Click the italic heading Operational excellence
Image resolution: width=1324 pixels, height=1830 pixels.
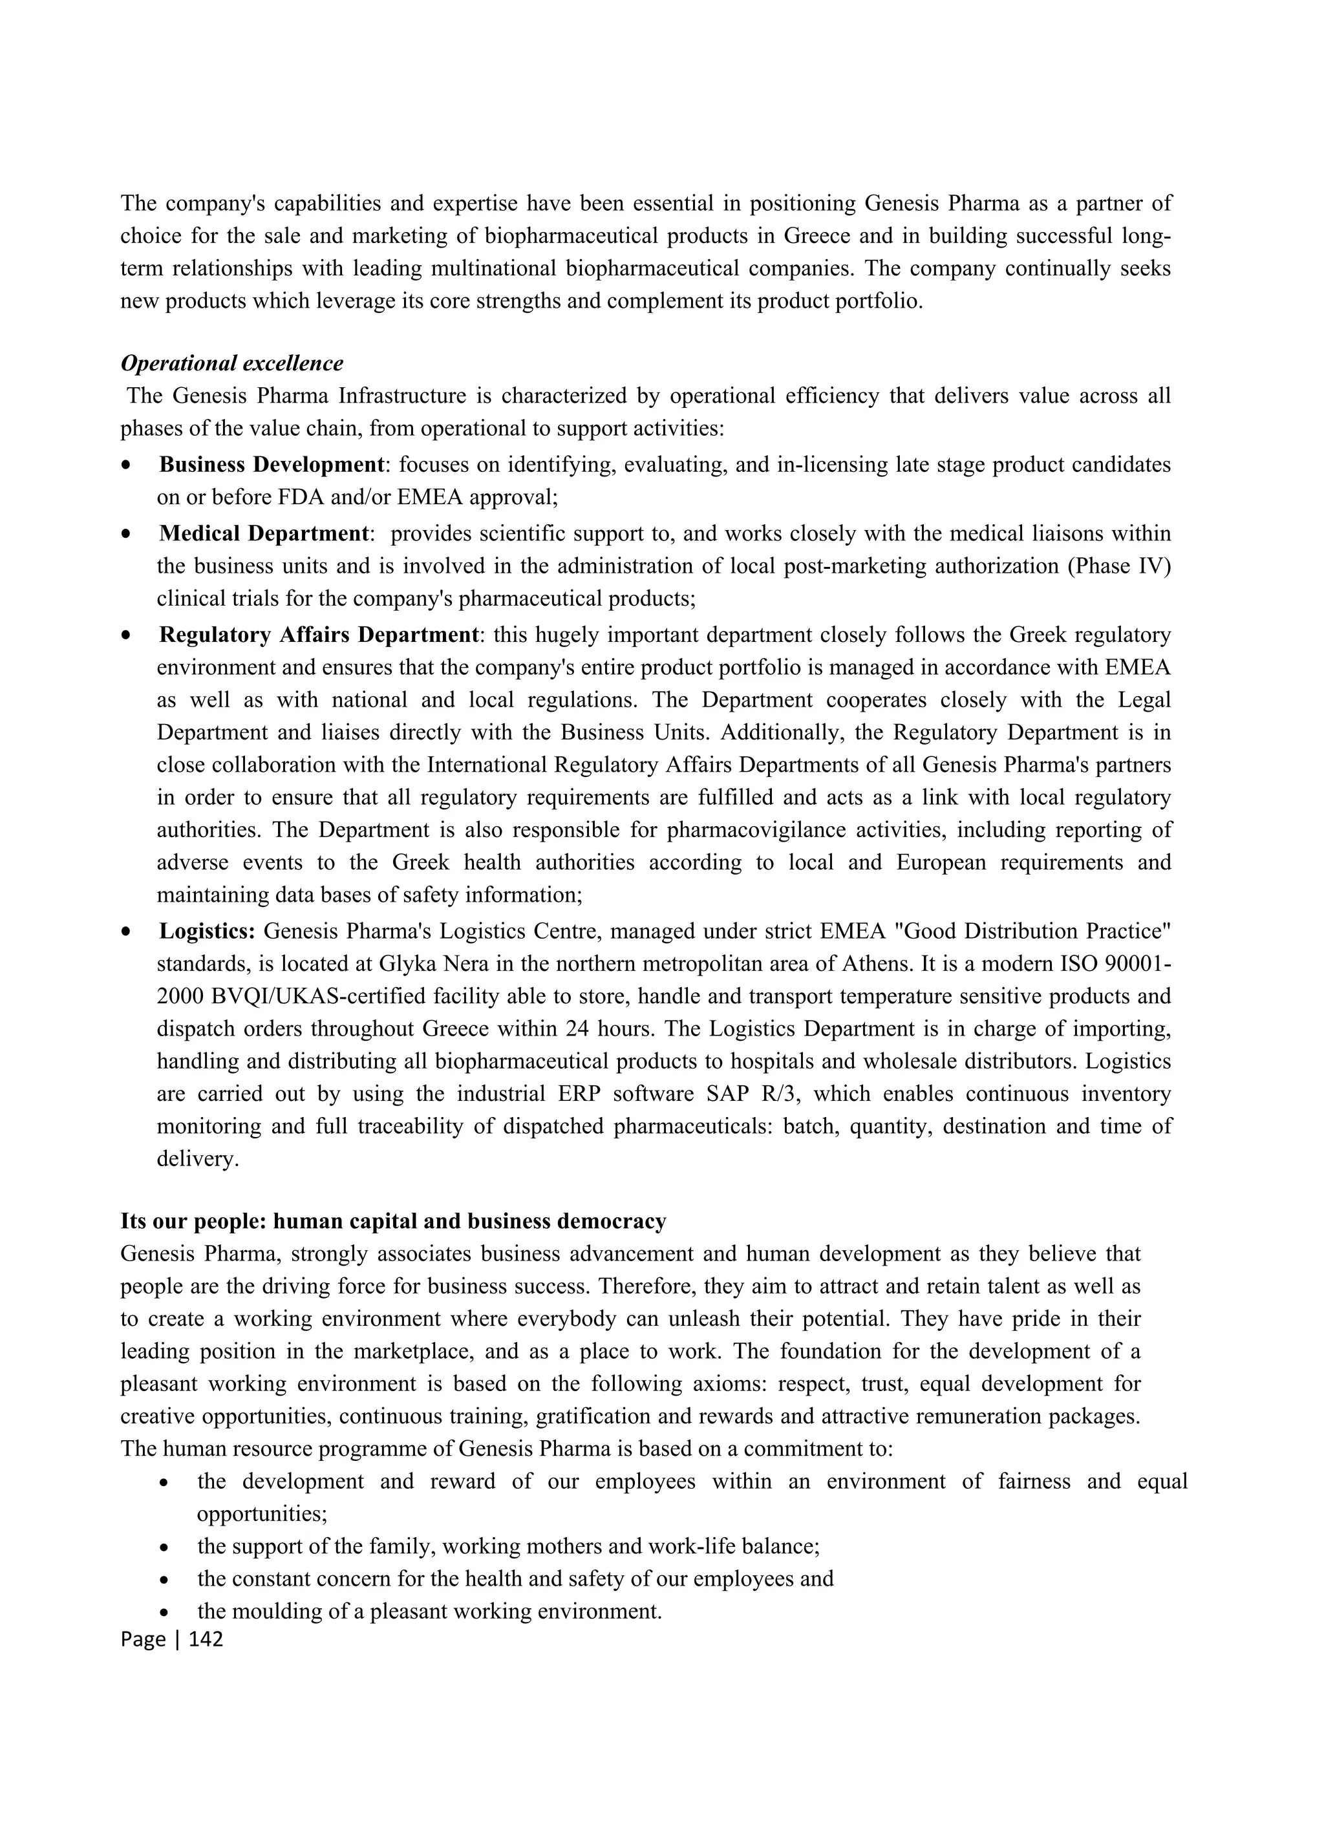pyautogui.click(x=231, y=363)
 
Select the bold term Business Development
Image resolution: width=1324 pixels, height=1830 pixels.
pyautogui.click(x=271, y=465)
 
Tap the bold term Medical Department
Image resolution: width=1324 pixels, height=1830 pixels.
pyautogui.click(x=264, y=533)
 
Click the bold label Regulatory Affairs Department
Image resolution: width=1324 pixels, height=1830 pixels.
pyautogui.click(x=319, y=635)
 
